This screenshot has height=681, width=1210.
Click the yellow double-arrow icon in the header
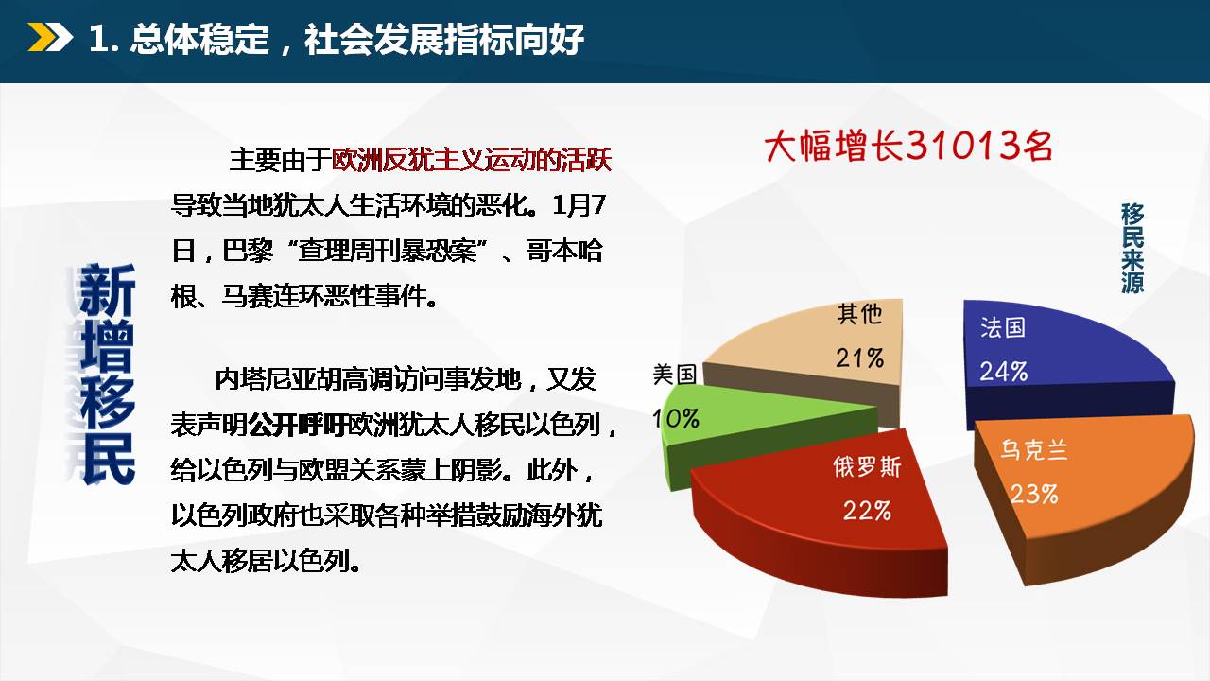point(50,37)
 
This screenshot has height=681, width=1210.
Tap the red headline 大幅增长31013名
point(908,146)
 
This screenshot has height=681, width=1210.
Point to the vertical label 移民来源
point(1132,248)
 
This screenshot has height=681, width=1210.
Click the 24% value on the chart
point(1004,372)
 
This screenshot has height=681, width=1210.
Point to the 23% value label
point(1034,494)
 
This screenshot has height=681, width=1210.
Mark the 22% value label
point(867,511)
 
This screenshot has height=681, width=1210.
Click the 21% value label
point(859,358)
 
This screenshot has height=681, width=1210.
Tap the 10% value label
point(676,418)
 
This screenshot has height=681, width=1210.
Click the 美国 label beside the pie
point(675,374)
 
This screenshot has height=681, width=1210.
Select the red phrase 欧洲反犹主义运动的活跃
point(471,160)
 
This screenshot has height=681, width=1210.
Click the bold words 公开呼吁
point(297,426)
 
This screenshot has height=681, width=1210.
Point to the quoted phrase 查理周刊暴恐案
point(388,252)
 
